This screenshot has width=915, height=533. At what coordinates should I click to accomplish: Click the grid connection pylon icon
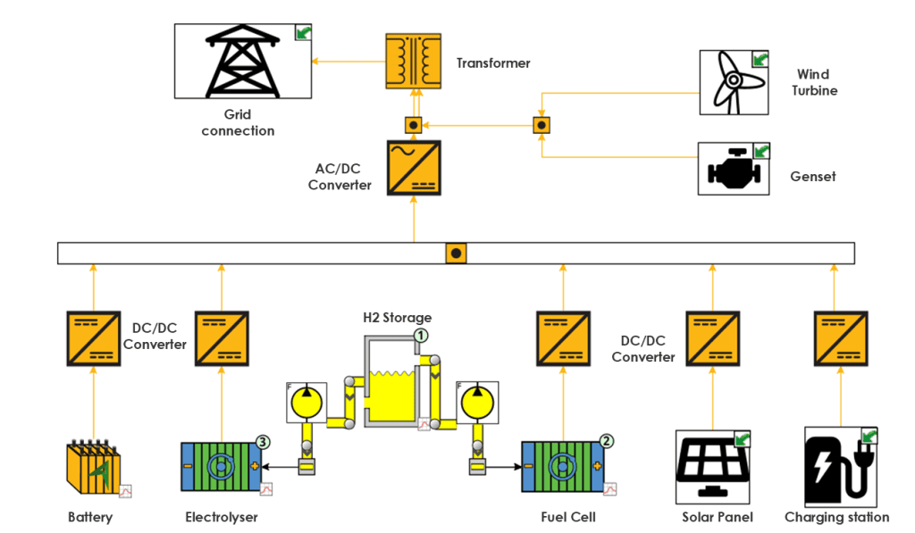[243, 61]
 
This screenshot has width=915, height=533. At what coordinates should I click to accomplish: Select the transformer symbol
[413, 61]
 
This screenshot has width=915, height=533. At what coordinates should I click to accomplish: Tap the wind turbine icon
[734, 82]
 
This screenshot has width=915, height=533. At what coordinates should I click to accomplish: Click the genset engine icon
[734, 169]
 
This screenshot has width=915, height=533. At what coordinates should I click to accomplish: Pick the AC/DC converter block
[414, 167]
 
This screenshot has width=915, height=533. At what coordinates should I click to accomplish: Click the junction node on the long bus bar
[456, 253]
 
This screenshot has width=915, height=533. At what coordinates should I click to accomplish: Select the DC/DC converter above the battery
[93, 338]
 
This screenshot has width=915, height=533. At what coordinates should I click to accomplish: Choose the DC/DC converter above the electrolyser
[222, 338]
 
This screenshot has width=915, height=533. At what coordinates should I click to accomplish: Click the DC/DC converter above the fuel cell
[563, 338]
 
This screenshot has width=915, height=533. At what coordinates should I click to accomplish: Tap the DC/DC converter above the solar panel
[712, 338]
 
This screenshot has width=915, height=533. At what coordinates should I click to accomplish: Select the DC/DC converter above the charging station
[841, 338]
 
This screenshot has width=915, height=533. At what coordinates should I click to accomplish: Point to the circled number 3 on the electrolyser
[263, 442]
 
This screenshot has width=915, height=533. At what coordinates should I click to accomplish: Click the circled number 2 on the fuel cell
[607, 441]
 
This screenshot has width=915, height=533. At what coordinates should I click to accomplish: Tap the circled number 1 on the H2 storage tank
[421, 336]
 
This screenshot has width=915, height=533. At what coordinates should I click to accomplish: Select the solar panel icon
[712, 467]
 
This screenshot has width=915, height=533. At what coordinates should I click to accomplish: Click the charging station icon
[841, 467]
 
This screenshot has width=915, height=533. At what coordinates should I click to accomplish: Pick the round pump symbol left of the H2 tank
[306, 403]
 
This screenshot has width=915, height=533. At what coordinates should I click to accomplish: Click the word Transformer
[493, 63]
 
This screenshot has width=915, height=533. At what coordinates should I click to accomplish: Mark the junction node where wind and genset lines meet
[541, 125]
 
